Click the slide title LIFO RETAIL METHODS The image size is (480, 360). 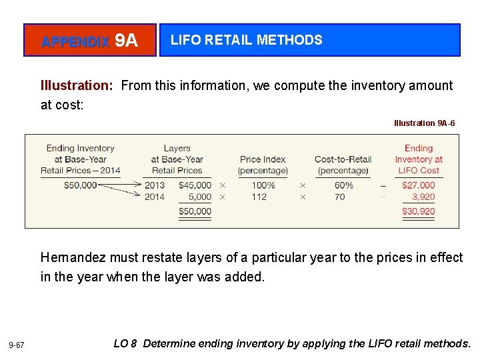click(246, 40)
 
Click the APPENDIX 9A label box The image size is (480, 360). click(89, 41)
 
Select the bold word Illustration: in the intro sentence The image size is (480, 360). click(77, 85)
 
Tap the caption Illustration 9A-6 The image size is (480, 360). click(425, 123)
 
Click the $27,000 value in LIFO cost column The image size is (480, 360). click(418, 185)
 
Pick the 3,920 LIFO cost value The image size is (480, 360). click(423, 197)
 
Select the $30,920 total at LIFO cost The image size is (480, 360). click(418, 211)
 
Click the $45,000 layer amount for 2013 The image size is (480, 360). click(195, 185)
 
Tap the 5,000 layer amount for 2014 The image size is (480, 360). click(199, 197)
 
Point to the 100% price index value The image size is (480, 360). click(263, 185)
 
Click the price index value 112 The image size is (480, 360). click(259, 197)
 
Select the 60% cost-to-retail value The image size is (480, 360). click(344, 185)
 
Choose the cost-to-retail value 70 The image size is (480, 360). click(340, 197)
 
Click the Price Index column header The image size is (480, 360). click(263, 165)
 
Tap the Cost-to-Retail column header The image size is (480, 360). click(343, 165)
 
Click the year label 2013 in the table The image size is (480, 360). click(155, 185)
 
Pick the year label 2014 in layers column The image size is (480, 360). click(155, 197)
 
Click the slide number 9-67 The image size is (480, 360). click(17, 345)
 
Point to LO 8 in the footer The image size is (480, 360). click(125, 343)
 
